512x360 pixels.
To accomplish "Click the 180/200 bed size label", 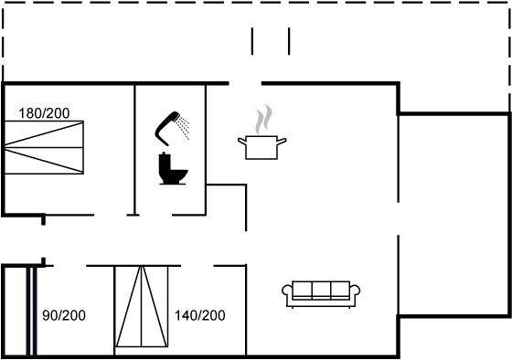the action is (x=44, y=113).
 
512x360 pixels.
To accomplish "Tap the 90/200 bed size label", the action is (x=64, y=315).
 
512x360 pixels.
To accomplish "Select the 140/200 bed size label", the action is (x=200, y=315).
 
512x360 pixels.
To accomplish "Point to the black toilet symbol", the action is (x=173, y=169).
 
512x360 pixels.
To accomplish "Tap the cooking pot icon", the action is (x=261, y=147).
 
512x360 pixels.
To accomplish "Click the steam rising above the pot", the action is (x=264, y=119).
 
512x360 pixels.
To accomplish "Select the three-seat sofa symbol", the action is (x=321, y=293).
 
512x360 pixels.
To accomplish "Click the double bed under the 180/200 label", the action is (x=44, y=147).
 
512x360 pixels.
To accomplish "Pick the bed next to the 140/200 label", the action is (x=142, y=306).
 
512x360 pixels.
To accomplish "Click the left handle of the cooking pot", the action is (x=242, y=142).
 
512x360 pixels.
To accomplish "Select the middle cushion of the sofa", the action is (x=321, y=290).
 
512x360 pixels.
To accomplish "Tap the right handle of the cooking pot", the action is (x=282, y=142).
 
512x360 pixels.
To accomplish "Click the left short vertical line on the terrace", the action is (x=252, y=41).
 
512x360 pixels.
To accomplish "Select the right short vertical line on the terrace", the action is (x=289, y=41).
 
